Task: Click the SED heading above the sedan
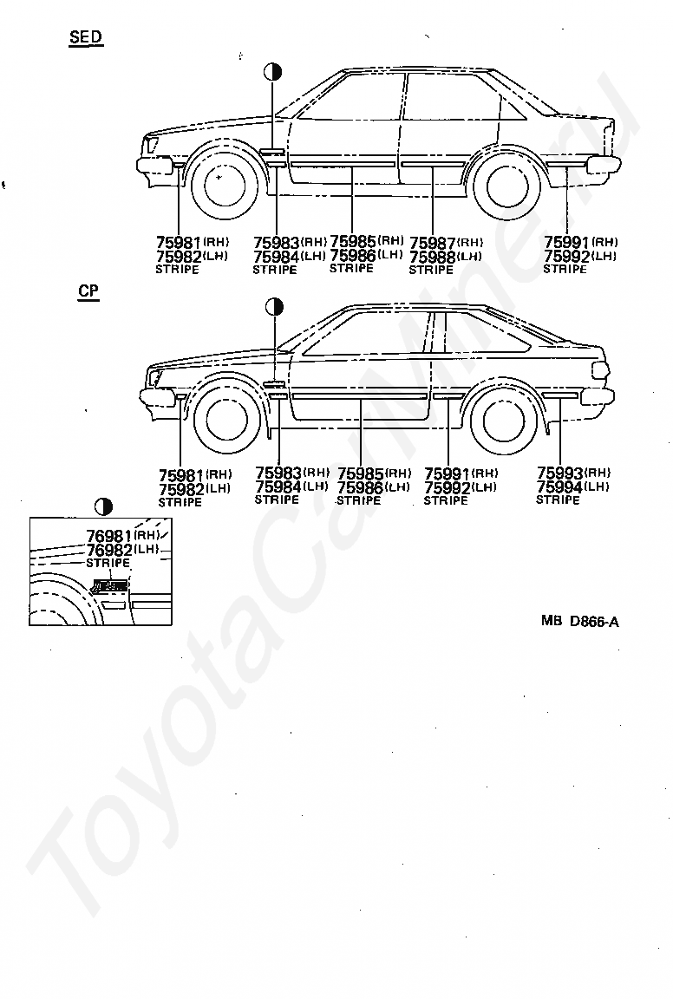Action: point(86,37)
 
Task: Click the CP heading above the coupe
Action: point(88,291)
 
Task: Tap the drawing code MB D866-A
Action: point(579,621)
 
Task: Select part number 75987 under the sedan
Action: point(432,243)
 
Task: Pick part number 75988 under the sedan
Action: point(432,257)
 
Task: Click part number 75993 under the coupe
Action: point(559,473)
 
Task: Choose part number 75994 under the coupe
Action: point(559,486)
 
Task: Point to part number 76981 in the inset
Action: point(109,537)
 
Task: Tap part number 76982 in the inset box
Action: point(109,550)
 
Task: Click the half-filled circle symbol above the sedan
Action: point(273,71)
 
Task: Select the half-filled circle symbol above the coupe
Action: point(275,307)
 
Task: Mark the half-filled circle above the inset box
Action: point(103,507)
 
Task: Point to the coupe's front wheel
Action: point(221,419)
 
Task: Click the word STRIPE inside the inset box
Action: point(108,563)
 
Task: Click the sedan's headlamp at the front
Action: point(153,144)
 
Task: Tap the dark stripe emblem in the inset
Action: point(109,585)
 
